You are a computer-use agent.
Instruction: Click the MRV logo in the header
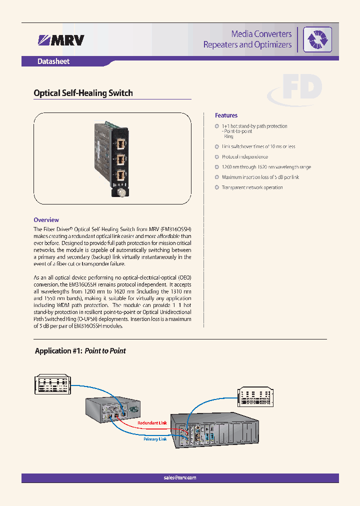pos(61,40)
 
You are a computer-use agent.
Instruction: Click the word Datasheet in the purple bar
pos(53,62)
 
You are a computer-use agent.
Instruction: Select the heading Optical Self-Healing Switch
pos(83,93)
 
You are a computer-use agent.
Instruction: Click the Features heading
pos(226,115)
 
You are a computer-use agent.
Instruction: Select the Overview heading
pos(46,220)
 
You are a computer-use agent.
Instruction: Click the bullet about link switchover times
pos(258,147)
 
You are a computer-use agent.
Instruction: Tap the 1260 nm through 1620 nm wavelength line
pos(266,167)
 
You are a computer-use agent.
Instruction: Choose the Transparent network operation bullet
pos(252,187)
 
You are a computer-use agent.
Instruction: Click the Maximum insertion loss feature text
pos(260,177)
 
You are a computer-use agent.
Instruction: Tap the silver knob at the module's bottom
pos(121,192)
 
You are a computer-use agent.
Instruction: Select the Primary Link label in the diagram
pos(155,439)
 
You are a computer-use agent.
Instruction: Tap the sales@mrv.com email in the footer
pos(180,477)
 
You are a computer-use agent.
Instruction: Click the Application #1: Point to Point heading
pos(80,351)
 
